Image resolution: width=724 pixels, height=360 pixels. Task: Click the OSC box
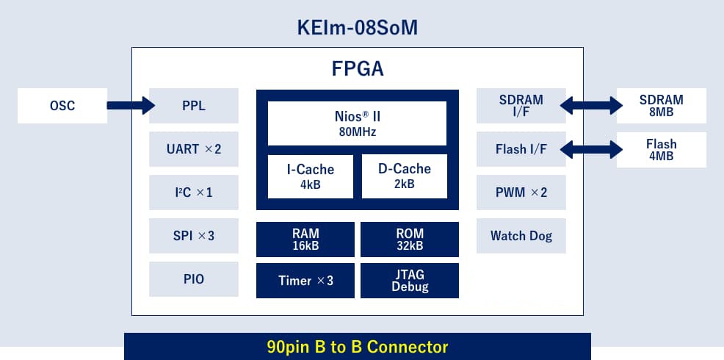pyautogui.click(x=62, y=106)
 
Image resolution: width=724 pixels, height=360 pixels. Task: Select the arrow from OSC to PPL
pyautogui.click(x=131, y=105)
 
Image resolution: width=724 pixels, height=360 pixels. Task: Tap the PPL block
pyautogui.click(x=193, y=106)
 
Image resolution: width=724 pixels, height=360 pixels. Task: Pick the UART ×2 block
pyautogui.click(x=193, y=149)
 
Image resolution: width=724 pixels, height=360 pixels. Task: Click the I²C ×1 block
pyautogui.click(x=193, y=192)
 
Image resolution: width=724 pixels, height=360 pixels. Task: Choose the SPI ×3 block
pyautogui.click(x=193, y=236)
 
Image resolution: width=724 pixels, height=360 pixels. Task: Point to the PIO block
pyautogui.click(x=193, y=279)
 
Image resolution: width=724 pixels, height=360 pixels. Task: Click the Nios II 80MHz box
pyautogui.click(x=357, y=123)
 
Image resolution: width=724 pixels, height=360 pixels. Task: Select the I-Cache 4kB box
pyautogui.click(x=311, y=176)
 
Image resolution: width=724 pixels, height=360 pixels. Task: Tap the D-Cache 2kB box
pyautogui.click(x=404, y=176)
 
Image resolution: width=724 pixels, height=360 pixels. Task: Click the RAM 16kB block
pyautogui.click(x=305, y=240)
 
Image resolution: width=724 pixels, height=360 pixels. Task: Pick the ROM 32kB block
pyautogui.click(x=410, y=240)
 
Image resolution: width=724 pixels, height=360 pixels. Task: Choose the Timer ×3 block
pyautogui.click(x=305, y=281)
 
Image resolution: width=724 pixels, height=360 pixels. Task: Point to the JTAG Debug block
pyautogui.click(x=410, y=281)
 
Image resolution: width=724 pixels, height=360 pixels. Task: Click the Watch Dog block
pyautogui.click(x=521, y=236)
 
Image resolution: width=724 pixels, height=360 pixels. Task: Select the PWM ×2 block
pyautogui.click(x=521, y=192)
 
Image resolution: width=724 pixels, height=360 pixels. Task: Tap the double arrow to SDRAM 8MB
pyautogui.click(x=591, y=105)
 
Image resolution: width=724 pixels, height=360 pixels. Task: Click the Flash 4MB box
pyautogui.click(x=661, y=150)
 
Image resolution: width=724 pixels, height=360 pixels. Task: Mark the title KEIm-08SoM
pyautogui.click(x=358, y=28)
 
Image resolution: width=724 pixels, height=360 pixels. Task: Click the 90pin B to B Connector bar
pyautogui.click(x=358, y=346)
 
